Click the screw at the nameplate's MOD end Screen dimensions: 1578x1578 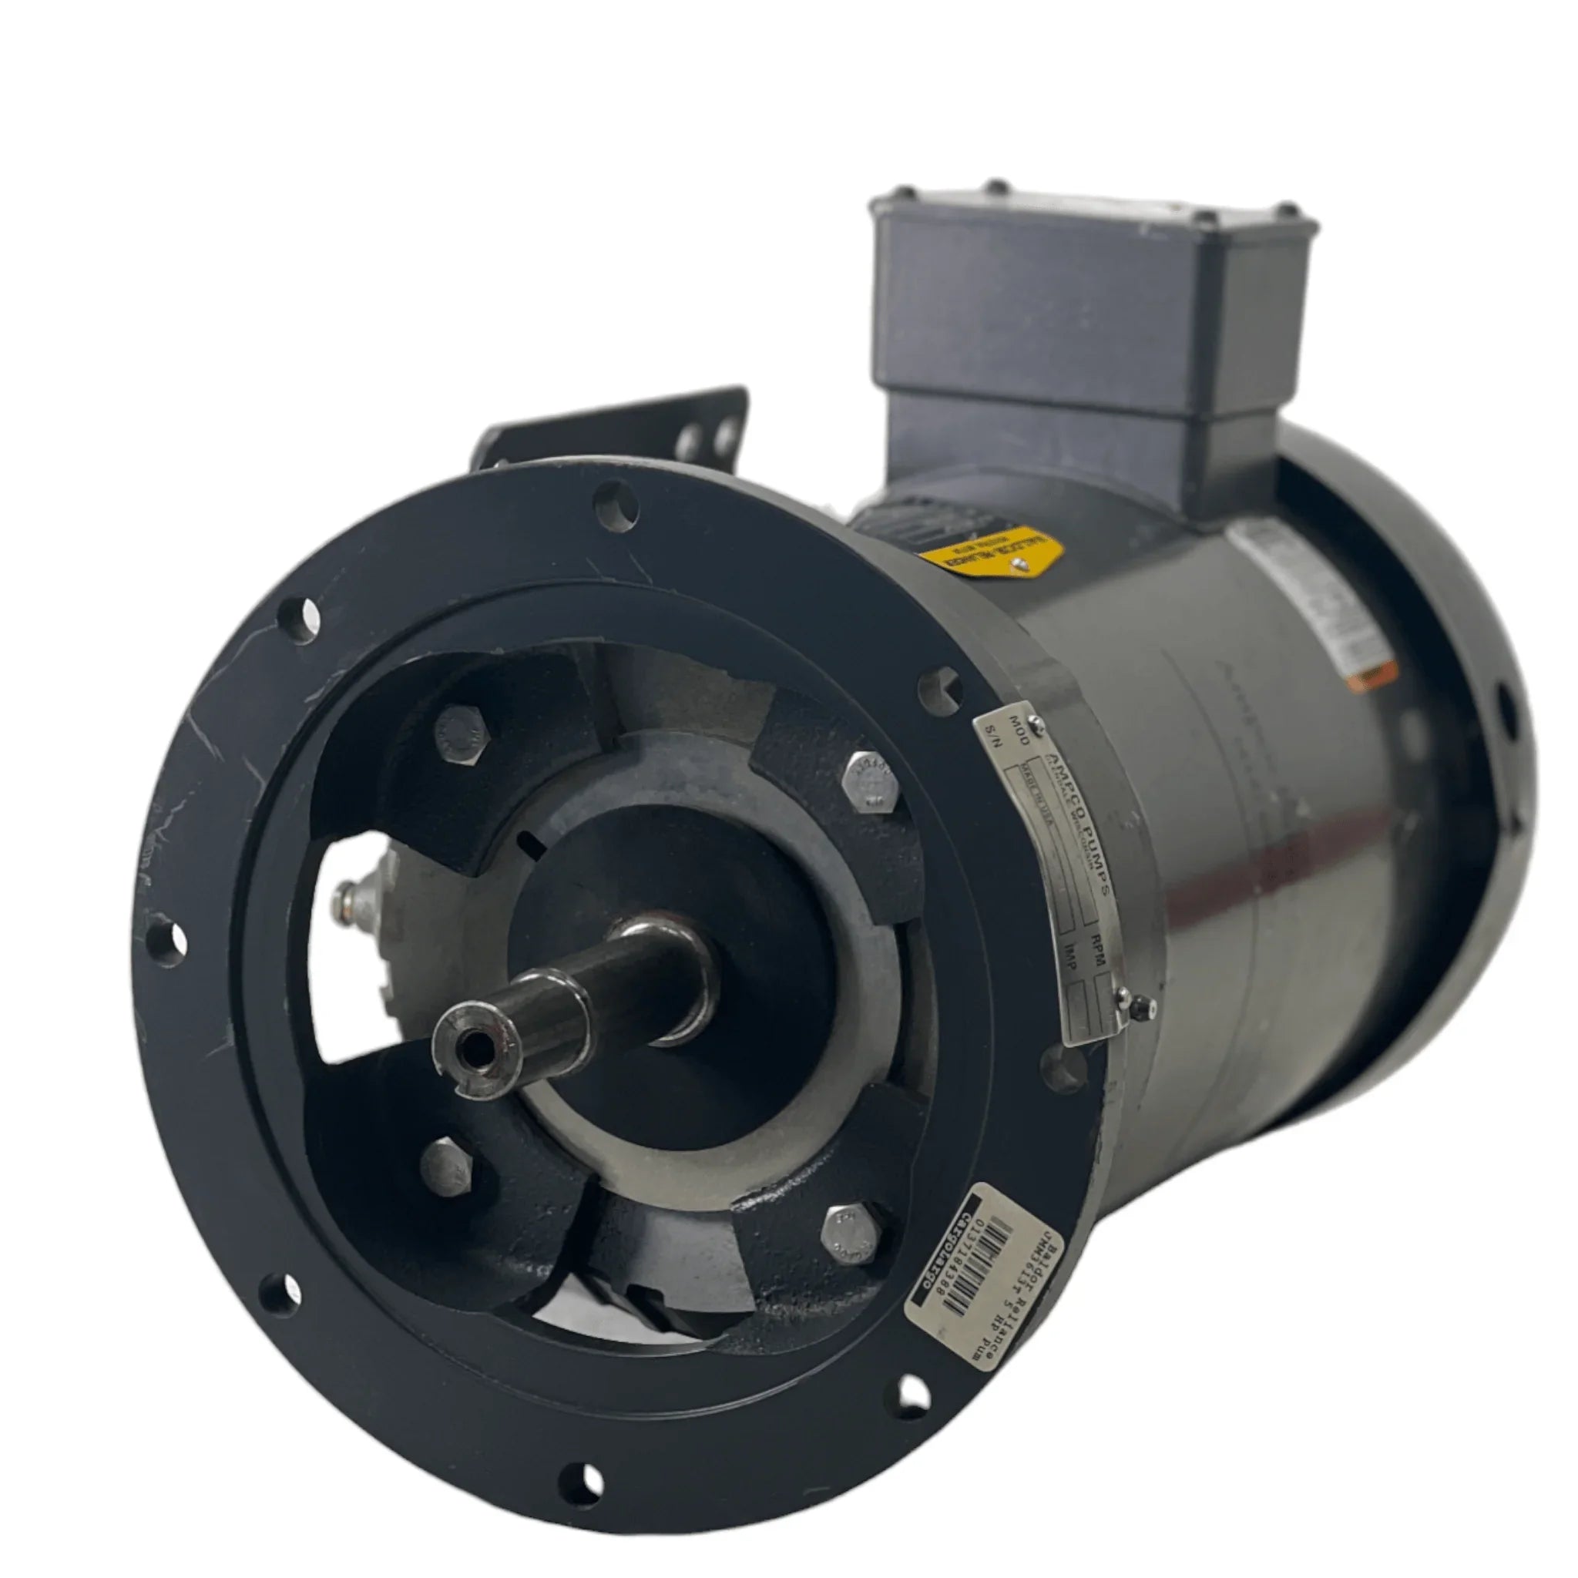click(x=1035, y=720)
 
